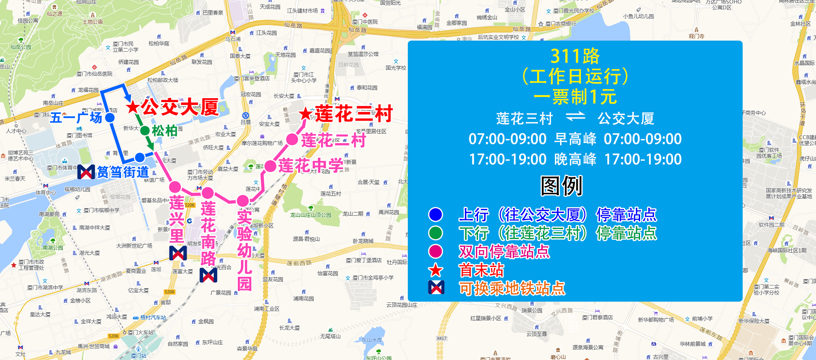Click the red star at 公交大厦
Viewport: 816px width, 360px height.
(133, 107)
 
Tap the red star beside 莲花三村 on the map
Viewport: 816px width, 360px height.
(306, 114)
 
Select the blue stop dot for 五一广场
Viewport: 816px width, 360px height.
(110, 118)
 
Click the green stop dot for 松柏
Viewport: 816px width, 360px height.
(145, 131)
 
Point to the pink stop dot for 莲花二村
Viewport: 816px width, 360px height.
(292, 139)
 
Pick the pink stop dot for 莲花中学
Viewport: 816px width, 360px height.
(270, 166)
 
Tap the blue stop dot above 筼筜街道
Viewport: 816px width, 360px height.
(140, 157)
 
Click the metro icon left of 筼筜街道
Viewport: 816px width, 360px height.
(86, 172)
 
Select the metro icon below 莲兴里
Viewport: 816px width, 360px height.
(178, 253)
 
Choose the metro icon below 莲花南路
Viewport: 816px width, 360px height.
(208, 275)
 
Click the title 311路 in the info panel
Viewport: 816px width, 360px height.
(575, 56)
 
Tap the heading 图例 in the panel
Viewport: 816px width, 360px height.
(561, 186)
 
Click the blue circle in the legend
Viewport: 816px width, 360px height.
(435, 215)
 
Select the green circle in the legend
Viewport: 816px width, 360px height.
(435, 233)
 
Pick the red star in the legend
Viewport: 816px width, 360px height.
(435, 270)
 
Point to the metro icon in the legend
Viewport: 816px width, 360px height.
(436, 288)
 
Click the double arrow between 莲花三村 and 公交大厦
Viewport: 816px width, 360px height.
(575, 117)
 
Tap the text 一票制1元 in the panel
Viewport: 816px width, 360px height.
(575, 97)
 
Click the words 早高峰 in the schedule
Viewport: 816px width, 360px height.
(575, 139)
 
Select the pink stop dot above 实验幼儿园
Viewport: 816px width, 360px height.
(243, 200)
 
